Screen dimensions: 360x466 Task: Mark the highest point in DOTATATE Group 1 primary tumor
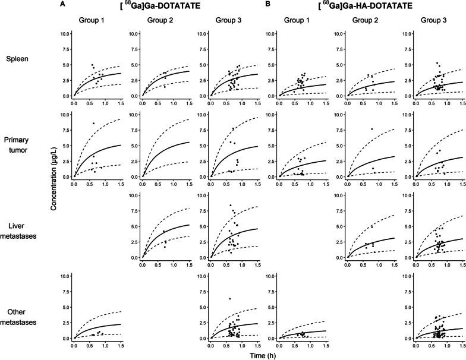(x=93, y=123)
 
